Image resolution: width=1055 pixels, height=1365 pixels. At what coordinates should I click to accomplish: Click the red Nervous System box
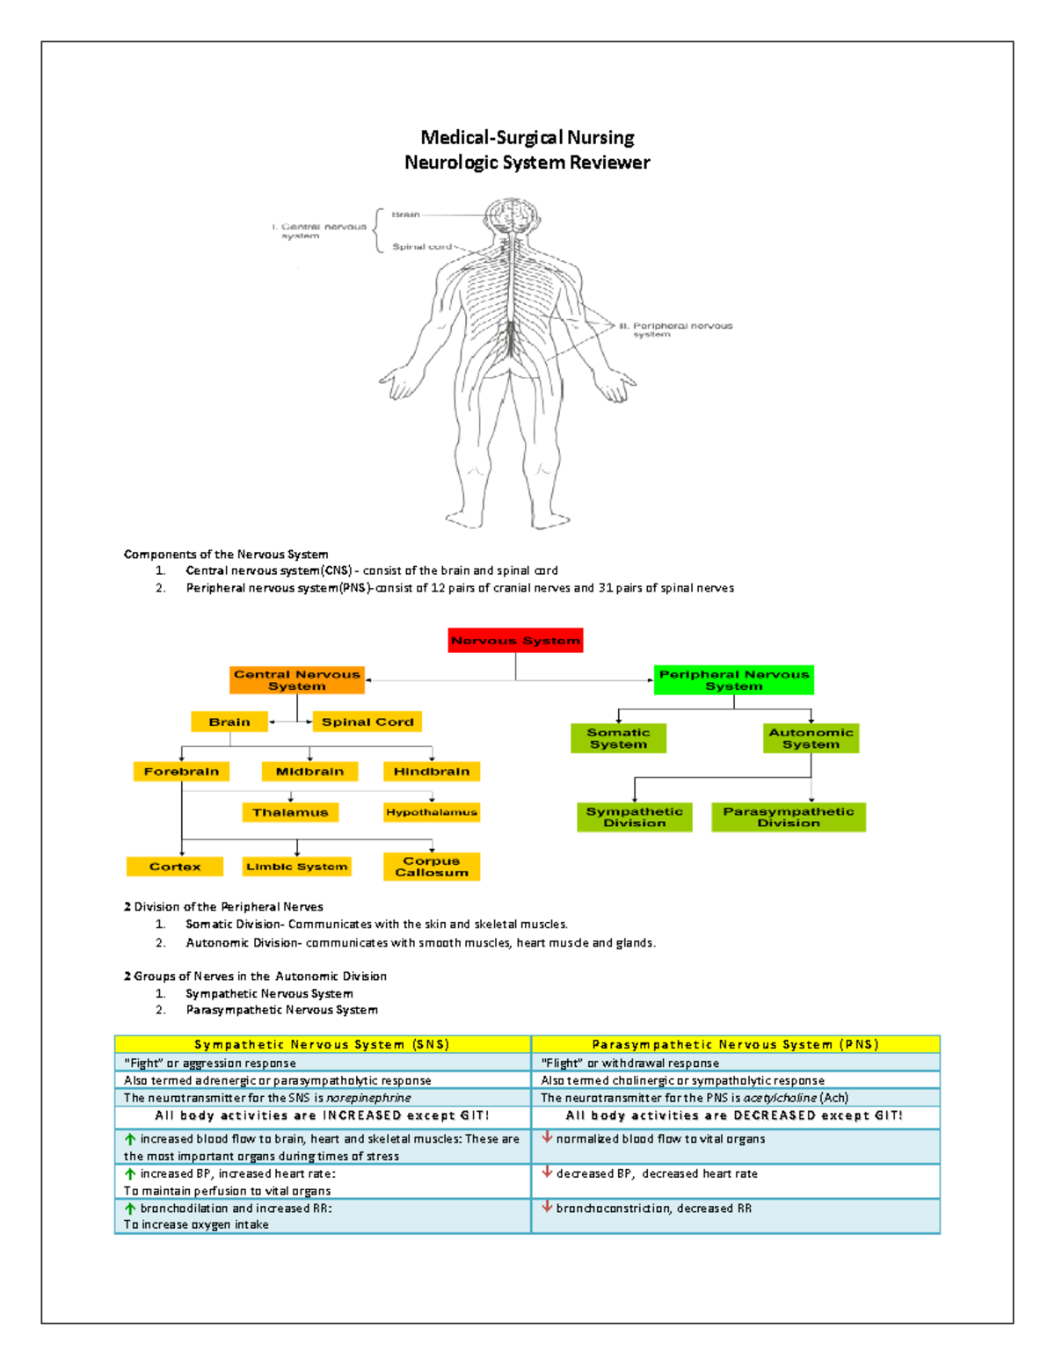click(x=515, y=641)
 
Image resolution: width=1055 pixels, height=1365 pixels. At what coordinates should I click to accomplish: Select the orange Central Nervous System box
click(x=297, y=680)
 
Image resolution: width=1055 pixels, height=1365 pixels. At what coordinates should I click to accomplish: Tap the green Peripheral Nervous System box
click(x=733, y=680)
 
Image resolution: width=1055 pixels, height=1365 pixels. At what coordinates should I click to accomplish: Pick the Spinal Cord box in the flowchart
click(x=367, y=722)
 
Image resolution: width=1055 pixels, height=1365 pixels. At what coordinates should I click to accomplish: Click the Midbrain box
click(x=309, y=772)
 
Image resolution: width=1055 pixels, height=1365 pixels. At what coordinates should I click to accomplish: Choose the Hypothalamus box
click(x=431, y=812)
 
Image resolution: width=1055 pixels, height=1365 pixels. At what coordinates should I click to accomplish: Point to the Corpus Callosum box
click(x=431, y=867)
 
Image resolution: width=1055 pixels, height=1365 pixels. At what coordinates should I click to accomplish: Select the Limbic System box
click(x=297, y=867)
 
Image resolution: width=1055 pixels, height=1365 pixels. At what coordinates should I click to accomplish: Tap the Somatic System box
click(x=618, y=738)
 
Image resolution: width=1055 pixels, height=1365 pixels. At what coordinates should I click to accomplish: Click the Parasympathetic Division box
click(x=788, y=817)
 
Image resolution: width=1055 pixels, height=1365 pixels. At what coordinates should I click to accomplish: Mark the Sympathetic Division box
click(x=634, y=817)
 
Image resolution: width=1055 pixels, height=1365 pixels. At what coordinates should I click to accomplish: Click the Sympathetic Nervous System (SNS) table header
click(x=322, y=1044)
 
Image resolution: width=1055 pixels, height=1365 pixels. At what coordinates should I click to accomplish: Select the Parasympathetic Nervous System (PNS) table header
click(x=735, y=1044)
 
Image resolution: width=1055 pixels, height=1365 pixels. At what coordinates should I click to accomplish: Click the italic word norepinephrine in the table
click(x=368, y=1098)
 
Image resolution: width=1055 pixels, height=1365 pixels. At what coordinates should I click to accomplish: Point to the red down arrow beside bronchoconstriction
click(x=547, y=1207)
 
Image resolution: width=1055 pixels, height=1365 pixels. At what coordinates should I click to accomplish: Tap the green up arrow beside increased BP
click(x=130, y=1173)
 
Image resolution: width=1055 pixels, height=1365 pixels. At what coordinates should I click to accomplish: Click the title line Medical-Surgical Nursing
click(x=527, y=137)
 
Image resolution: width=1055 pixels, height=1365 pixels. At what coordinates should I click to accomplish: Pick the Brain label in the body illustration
click(x=405, y=214)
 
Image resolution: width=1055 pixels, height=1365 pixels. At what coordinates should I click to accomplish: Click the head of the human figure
click(x=511, y=216)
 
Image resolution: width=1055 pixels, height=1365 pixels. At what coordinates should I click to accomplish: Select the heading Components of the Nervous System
click(x=226, y=555)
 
